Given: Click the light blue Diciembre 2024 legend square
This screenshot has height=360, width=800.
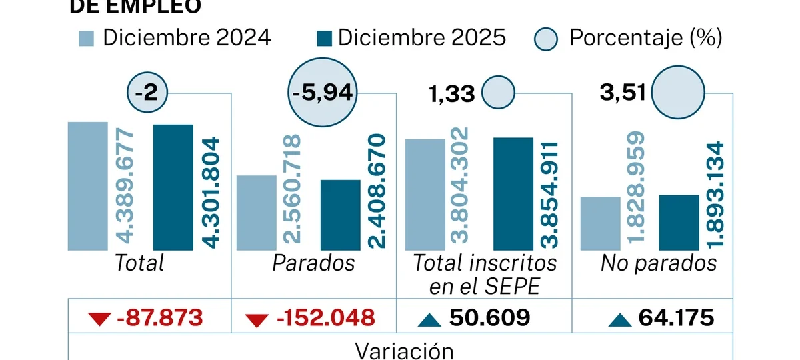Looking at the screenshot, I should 87,38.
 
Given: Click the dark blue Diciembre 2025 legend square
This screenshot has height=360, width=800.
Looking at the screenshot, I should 324,38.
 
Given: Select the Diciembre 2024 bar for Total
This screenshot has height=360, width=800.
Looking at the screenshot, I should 87,186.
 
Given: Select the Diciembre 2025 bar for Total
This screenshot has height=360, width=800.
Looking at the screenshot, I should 173,187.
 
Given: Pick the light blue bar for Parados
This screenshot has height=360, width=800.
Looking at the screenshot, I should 256,213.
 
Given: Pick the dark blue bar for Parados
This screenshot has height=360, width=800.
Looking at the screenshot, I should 340,215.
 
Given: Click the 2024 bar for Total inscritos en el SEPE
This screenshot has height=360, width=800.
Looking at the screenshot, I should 425,195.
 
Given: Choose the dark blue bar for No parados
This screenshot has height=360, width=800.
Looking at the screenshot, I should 679,223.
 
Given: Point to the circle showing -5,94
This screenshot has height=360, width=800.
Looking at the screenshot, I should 323,94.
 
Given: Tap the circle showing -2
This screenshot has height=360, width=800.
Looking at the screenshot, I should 147,93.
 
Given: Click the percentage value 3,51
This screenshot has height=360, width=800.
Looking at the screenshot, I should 623,93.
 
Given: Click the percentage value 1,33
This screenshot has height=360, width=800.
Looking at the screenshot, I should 451,93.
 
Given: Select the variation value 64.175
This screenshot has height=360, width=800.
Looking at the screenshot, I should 675,318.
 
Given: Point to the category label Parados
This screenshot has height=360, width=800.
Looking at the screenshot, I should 313,263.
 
